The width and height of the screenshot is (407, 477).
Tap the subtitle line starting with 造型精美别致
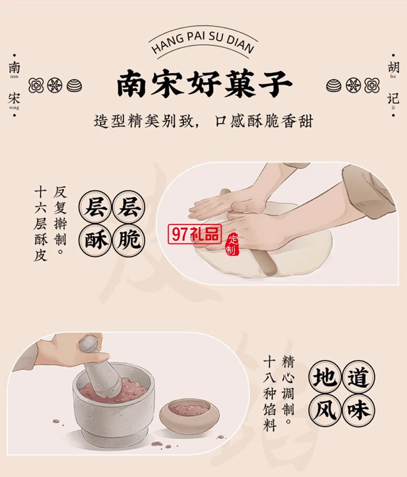tap(203, 121)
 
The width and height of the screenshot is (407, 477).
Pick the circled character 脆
tap(129, 239)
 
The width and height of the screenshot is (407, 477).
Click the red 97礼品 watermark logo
tap(195, 234)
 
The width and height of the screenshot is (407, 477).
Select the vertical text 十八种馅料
tap(270, 394)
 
